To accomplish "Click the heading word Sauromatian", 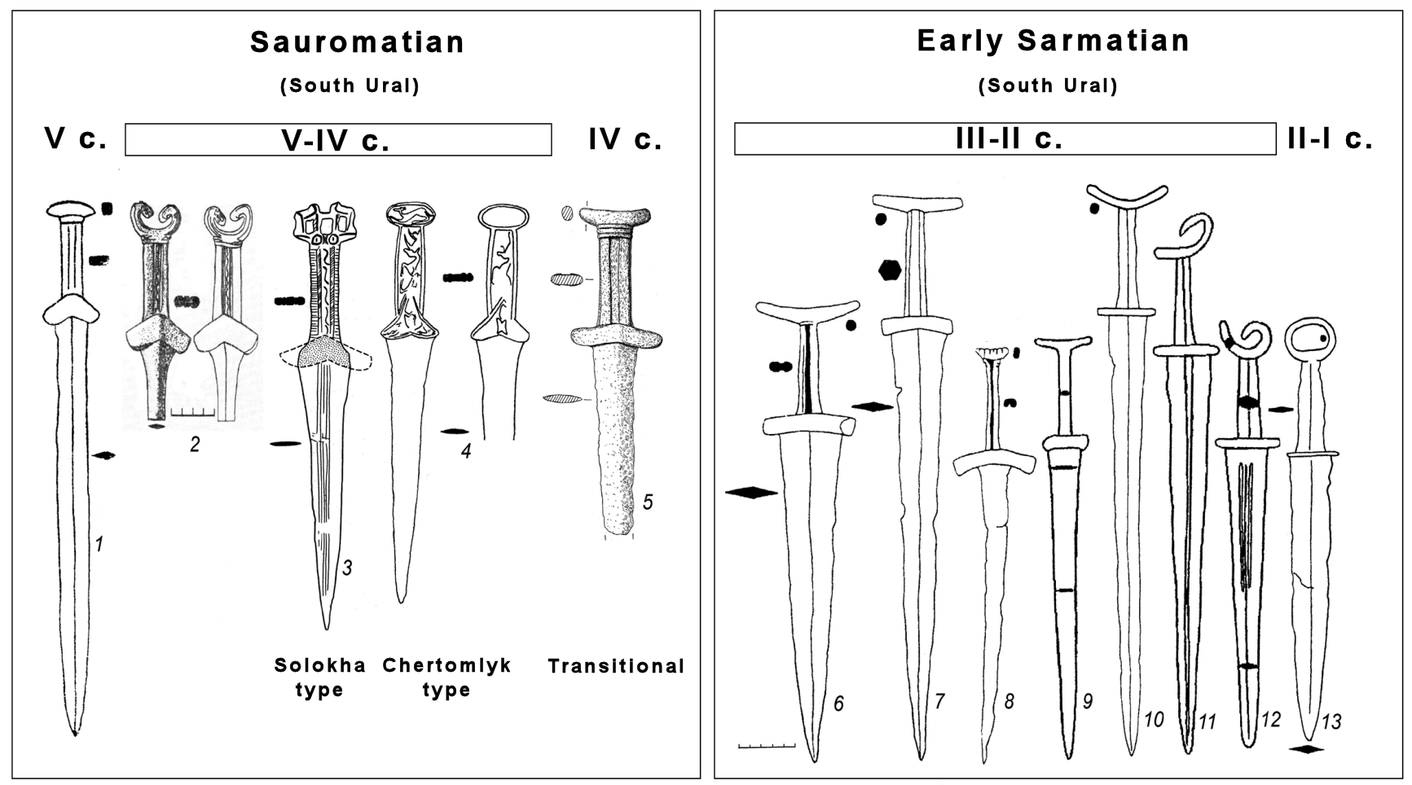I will [x=357, y=42].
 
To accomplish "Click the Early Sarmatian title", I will [x=1053, y=41].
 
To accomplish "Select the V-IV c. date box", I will [x=338, y=140].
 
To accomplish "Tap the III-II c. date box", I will [x=1005, y=139].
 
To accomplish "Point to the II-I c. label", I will [x=1330, y=139].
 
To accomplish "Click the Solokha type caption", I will [x=319, y=678].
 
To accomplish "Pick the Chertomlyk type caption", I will [x=446, y=678].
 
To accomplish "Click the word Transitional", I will [x=616, y=666].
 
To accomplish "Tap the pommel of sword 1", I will [x=73, y=210].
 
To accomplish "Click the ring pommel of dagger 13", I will [x=1310, y=340].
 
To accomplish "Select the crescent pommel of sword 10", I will [x=1128, y=196].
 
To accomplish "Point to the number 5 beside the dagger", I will [x=648, y=502].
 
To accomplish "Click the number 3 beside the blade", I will [x=347, y=568].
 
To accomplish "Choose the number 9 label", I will [x=1087, y=700].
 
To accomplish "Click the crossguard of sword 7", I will [x=917, y=325].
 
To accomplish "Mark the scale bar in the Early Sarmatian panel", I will [x=766, y=745].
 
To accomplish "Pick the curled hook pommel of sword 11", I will [x=1190, y=236].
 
